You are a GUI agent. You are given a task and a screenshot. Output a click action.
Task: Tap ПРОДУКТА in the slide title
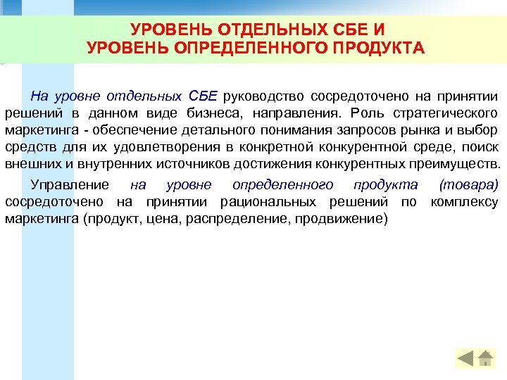coord(382,48)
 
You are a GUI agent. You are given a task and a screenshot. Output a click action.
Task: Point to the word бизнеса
coord(215,113)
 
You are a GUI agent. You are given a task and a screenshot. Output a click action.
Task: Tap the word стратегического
coord(442,113)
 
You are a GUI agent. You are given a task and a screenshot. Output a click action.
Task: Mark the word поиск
coord(482,147)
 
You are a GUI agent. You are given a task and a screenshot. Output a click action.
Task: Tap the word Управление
coord(70,185)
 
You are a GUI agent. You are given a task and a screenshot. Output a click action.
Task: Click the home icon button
coord(485,359)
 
